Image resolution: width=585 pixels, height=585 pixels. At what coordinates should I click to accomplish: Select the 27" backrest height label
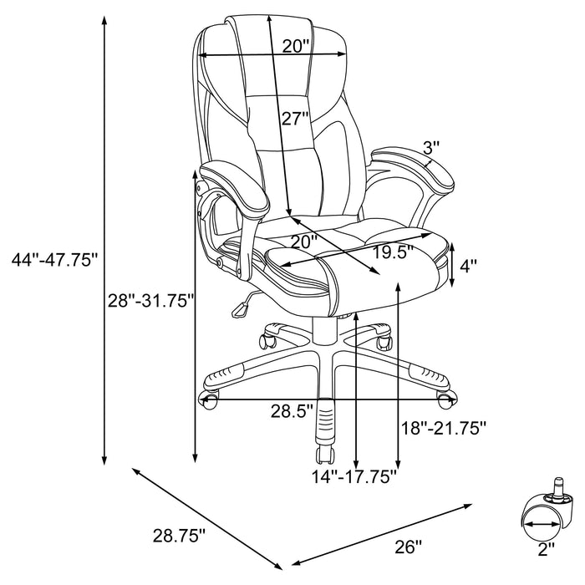pyautogui.click(x=295, y=119)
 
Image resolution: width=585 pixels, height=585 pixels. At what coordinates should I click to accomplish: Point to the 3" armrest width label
pyautogui.click(x=431, y=148)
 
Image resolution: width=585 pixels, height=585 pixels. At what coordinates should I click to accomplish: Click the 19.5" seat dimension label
pyautogui.click(x=394, y=253)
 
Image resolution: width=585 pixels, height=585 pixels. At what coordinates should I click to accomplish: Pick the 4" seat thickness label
pyautogui.click(x=469, y=267)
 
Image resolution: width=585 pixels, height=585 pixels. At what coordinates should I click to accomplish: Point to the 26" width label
pyautogui.click(x=408, y=547)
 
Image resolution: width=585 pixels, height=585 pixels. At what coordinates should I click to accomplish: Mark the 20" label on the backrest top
pyautogui.click(x=295, y=46)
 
